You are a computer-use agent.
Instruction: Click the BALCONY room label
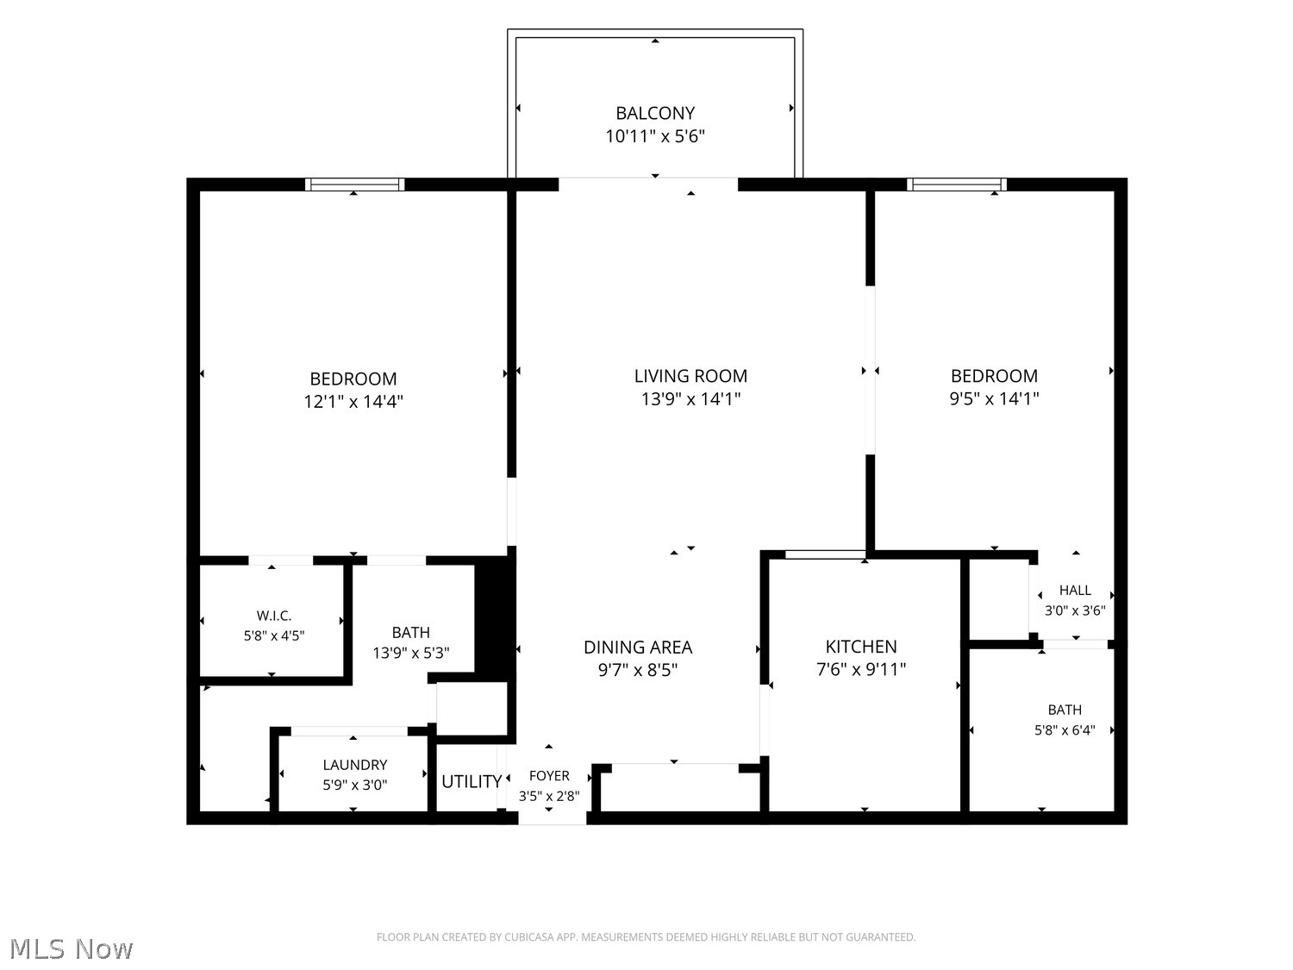pyautogui.click(x=654, y=112)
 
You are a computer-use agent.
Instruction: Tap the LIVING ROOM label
pyautogui.click(x=690, y=376)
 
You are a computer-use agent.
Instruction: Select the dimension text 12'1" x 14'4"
pyautogui.click(x=353, y=402)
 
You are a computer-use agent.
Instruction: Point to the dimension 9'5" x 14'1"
pyautogui.click(x=994, y=398)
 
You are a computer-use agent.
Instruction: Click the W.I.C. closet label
pyautogui.click(x=274, y=616)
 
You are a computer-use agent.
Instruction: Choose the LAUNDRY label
pyautogui.click(x=354, y=765)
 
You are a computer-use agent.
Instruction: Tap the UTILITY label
pyautogui.click(x=472, y=781)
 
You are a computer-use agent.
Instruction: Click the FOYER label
pyautogui.click(x=549, y=776)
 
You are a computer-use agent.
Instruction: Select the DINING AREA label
pyautogui.click(x=637, y=648)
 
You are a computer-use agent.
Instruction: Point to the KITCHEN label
pyautogui.click(x=860, y=647)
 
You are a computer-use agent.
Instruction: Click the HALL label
pyautogui.click(x=1075, y=590)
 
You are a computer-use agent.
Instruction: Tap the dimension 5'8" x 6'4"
pyautogui.click(x=1065, y=730)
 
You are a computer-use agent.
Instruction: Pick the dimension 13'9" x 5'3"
pyautogui.click(x=410, y=654)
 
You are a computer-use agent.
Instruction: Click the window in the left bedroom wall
pyautogui.click(x=354, y=185)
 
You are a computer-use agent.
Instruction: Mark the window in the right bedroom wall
pyautogui.click(x=956, y=185)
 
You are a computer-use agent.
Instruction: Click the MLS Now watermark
pyautogui.click(x=72, y=948)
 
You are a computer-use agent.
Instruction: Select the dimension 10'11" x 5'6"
pyautogui.click(x=655, y=136)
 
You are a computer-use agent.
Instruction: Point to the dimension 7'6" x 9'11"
pyautogui.click(x=860, y=670)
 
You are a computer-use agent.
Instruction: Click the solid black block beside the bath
pyautogui.click(x=495, y=616)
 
